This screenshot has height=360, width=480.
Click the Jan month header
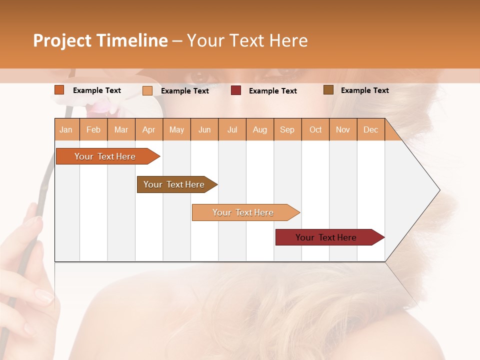66,129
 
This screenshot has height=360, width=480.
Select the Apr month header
149,129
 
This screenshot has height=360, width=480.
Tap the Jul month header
232,129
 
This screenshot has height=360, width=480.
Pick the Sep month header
287,129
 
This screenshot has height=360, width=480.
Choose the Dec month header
370,129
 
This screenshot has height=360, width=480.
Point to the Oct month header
315,129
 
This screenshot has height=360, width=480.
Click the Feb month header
93,129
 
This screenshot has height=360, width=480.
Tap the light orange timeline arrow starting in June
244,212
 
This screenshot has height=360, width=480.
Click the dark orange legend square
59,90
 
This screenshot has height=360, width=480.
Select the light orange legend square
147,90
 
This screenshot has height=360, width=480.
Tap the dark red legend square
236,90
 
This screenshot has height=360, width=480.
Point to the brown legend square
328,90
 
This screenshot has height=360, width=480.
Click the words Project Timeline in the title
100,40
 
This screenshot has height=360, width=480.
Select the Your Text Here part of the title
247,40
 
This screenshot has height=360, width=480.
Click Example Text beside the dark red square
272,91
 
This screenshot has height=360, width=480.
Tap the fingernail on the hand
44,297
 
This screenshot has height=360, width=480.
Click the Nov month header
343,129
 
